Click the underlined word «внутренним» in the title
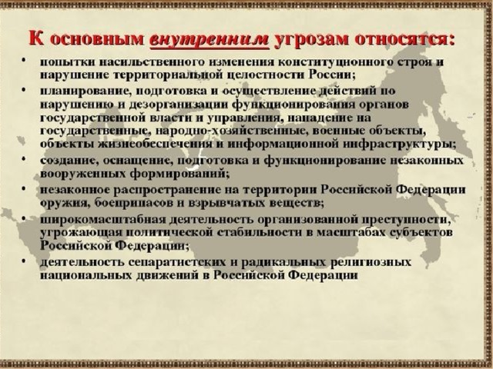tap(210, 40)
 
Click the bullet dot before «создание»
tap(24, 158)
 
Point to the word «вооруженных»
tap(82, 174)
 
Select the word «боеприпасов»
tap(132, 203)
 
